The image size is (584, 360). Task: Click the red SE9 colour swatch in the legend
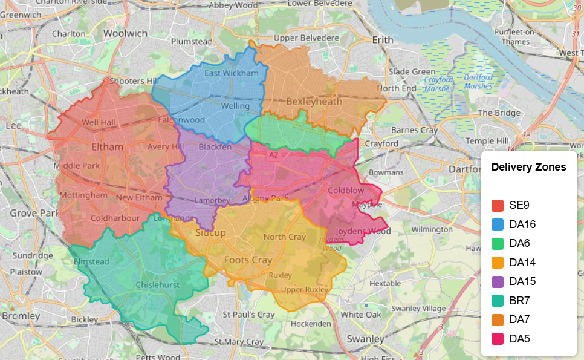498,206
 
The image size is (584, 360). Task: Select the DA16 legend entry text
522,224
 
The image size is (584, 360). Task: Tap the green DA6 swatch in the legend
498,243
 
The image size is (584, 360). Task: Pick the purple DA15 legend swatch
498,281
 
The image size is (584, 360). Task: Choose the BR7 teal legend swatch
498,301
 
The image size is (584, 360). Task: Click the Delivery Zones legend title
528,167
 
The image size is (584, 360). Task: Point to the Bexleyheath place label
314,102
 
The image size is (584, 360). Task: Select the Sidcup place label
210,233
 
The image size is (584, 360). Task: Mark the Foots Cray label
248,260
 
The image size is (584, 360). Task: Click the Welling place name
235,106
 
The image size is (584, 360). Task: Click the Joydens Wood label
363,231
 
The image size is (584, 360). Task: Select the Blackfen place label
215,147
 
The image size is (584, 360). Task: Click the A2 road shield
274,155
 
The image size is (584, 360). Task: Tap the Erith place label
382,40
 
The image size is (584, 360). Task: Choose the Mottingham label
83,195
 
